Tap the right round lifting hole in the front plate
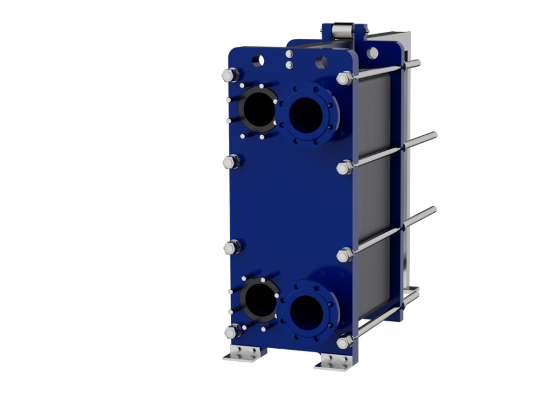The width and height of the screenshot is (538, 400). pyautogui.click(x=321, y=63)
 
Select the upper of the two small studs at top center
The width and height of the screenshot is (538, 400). pyautogui.click(x=289, y=55)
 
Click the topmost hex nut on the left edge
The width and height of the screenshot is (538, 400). pyautogui.click(x=228, y=75)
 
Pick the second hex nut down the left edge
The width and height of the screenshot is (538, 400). pyautogui.click(x=230, y=162)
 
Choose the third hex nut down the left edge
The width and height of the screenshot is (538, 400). pyautogui.click(x=231, y=247)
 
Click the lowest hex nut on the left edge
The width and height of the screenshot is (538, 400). pyautogui.click(x=232, y=331)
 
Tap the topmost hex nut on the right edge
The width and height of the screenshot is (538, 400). pyautogui.click(x=344, y=78)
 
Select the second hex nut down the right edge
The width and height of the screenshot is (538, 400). pyautogui.click(x=344, y=167)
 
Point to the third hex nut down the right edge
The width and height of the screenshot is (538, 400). pyautogui.click(x=345, y=255)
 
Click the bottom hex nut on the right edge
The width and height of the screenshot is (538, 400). pyautogui.click(x=345, y=342)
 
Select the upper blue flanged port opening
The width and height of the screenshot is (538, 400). pyautogui.click(x=306, y=113)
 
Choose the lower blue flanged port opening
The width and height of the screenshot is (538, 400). pyautogui.click(x=307, y=309)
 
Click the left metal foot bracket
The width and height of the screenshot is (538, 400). pyautogui.click(x=244, y=354)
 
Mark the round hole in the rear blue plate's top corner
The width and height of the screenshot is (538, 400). pyautogui.click(x=372, y=53)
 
